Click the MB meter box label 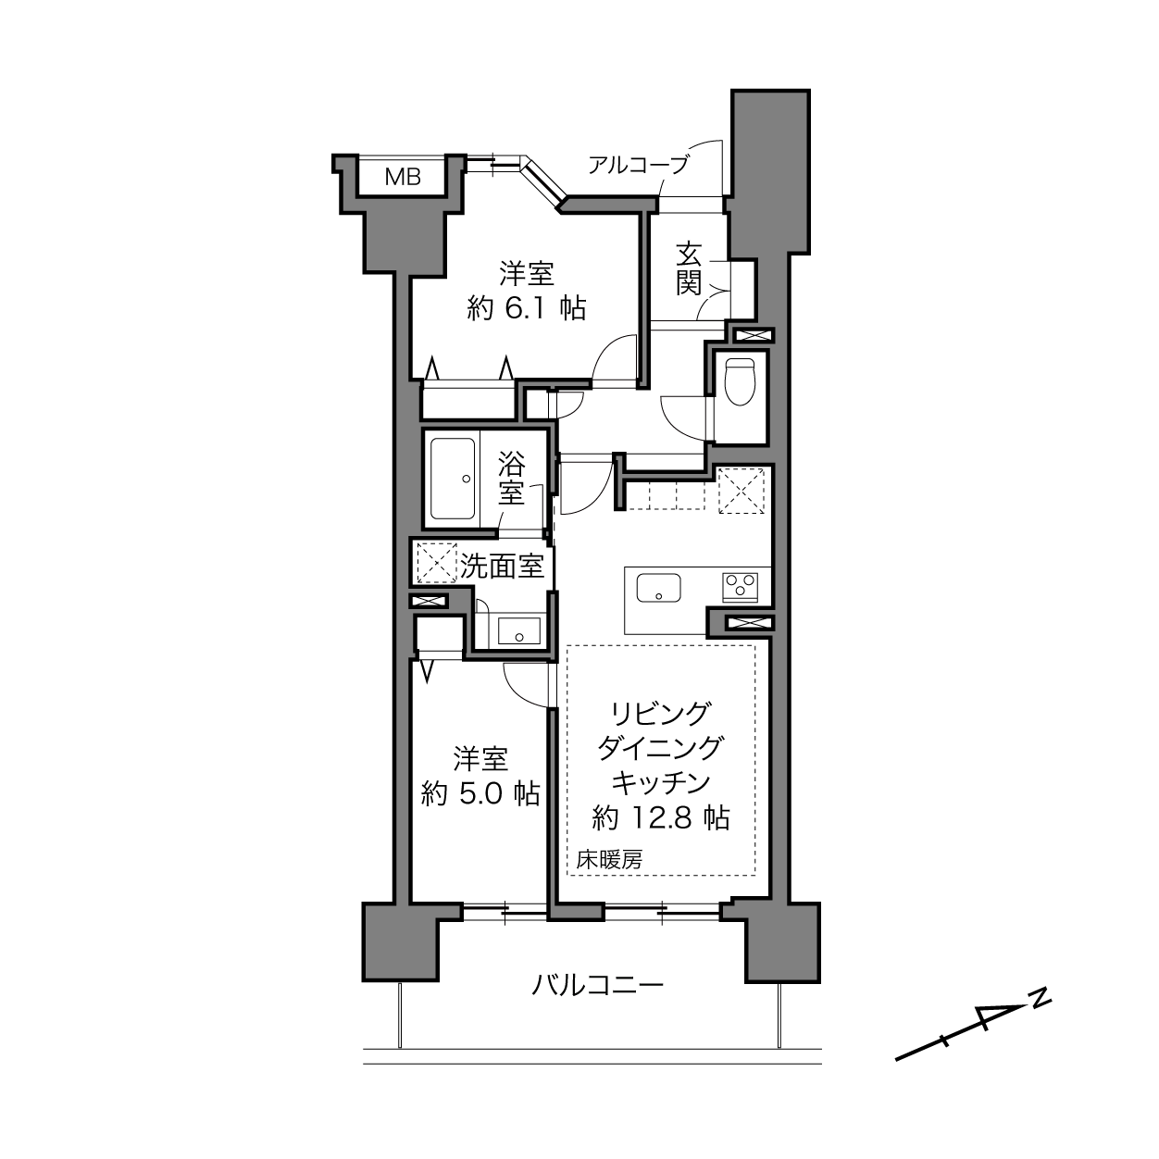pyautogui.click(x=403, y=177)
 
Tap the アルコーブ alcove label pyautogui.click(x=638, y=164)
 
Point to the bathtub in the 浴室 pyautogui.click(x=454, y=480)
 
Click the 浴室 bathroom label pyautogui.click(x=511, y=478)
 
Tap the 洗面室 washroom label pyautogui.click(x=503, y=566)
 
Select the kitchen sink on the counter pyautogui.click(x=659, y=588)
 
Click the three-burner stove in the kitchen pyautogui.click(x=741, y=586)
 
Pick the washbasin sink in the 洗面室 pyautogui.click(x=518, y=630)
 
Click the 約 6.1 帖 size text pyautogui.click(x=527, y=309)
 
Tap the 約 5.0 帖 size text pyautogui.click(x=480, y=794)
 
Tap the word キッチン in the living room pyautogui.click(x=661, y=783)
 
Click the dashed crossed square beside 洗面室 pyautogui.click(x=436, y=563)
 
